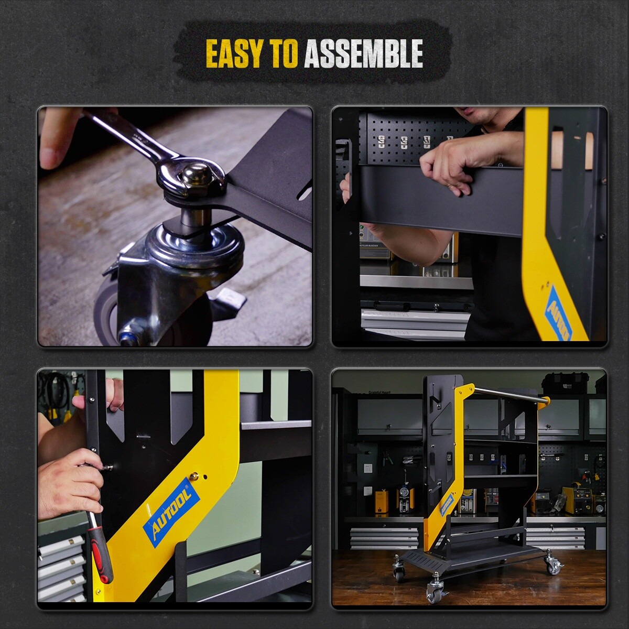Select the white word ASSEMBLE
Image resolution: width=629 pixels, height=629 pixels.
click(x=363, y=53)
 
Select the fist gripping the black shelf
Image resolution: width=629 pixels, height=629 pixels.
click(x=451, y=162)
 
